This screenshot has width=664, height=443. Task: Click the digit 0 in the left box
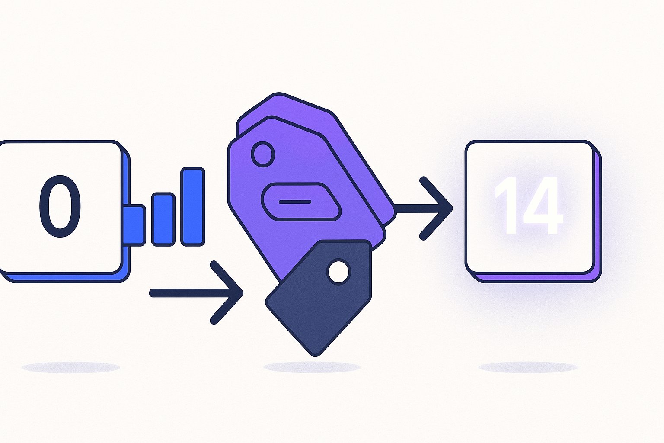tap(60, 206)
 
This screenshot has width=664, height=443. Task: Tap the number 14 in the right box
tap(529, 206)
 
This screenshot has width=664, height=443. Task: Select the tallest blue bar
tap(193, 207)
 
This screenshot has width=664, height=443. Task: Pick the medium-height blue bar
tap(163, 219)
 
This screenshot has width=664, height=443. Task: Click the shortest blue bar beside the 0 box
tap(134, 225)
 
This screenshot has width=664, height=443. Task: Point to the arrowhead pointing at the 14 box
tap(436, 208)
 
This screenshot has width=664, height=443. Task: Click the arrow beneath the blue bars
tap(196, 293)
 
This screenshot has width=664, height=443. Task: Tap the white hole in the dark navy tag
tap(338, 272)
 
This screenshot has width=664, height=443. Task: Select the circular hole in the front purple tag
tap(263, 154)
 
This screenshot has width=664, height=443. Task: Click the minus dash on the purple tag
tap(295, 202)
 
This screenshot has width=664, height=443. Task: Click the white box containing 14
tap(530, 207)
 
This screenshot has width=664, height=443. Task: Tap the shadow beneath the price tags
tap(312, 367)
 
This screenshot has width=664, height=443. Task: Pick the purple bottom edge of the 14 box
tap(533, 278)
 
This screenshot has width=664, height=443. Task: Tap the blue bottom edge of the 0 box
tap(64, 278)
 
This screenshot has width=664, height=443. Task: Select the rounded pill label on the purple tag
tap(301, 202)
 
